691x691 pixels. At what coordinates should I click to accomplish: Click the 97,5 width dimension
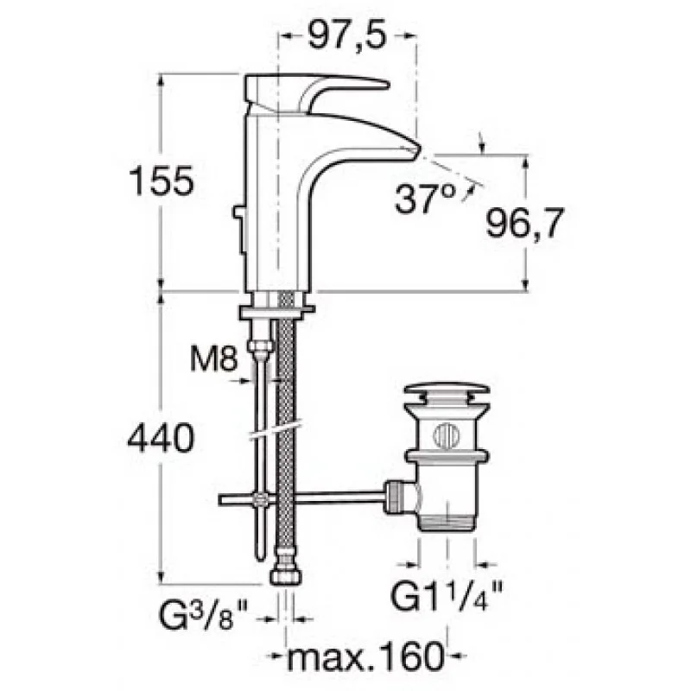[x=347, y=35]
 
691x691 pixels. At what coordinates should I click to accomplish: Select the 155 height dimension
[x=162, y=181]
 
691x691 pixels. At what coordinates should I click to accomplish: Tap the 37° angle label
[x=425, y=200]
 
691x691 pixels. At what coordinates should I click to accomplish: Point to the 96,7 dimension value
[x=525, y=224]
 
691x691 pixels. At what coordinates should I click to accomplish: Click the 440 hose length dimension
[x=161, y=438]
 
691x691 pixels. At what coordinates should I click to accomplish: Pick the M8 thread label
[x=214, y=359]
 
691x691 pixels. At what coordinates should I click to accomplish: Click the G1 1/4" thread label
[x=447, y=594]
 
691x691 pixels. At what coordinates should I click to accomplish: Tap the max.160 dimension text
[x=365, y=656]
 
